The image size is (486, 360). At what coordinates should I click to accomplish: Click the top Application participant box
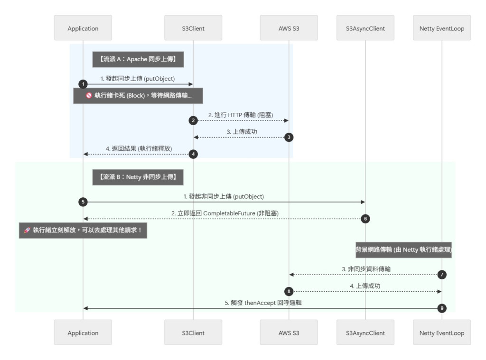coord(83,28)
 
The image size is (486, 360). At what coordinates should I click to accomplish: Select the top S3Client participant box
coord(193,28)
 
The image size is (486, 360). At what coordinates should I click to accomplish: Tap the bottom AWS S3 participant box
coord(289,332)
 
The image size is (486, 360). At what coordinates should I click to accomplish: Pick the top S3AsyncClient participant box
coord(365,28)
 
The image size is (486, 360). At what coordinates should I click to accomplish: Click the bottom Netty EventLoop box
coord(442,332)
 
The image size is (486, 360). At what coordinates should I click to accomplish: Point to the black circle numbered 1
coord(83,84)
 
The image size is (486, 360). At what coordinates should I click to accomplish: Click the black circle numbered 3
coord(289,137)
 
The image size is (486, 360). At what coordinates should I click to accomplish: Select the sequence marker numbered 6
coord(365,219)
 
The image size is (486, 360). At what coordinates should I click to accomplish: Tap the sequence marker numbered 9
coord(442,308)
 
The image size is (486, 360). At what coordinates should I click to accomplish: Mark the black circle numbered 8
coord(289,291)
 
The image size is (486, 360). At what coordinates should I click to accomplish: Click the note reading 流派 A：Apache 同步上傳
coord(138,59)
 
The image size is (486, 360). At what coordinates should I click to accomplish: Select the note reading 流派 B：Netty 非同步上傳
coord(138,177)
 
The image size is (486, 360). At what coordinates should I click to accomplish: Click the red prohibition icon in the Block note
coord(89,95)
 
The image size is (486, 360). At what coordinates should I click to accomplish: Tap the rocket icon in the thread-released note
coord(27,230)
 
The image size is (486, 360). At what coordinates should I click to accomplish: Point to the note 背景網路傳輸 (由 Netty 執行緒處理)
coord(403,249)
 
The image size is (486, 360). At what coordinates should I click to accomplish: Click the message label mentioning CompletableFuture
coord(224,213)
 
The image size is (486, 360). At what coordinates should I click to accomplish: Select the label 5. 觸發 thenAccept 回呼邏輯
coord(263,303)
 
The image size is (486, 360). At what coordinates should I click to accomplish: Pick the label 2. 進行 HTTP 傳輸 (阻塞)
coord(241,115)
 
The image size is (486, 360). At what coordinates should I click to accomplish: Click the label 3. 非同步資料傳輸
coord(366,269)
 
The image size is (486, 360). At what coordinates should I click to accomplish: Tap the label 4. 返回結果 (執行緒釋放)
coord(139,148)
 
